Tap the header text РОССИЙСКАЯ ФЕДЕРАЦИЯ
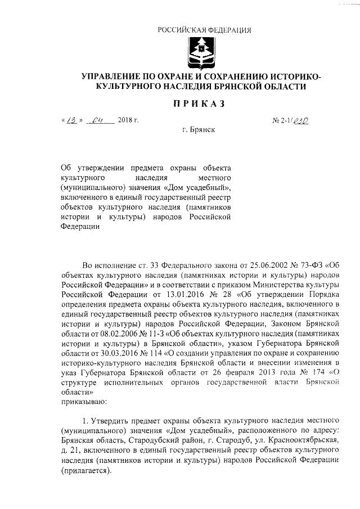(x=203, y=30)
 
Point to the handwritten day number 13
(x=72, y=119)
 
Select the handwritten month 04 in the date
(x=99, y=119)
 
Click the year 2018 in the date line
(x=127, y=120)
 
